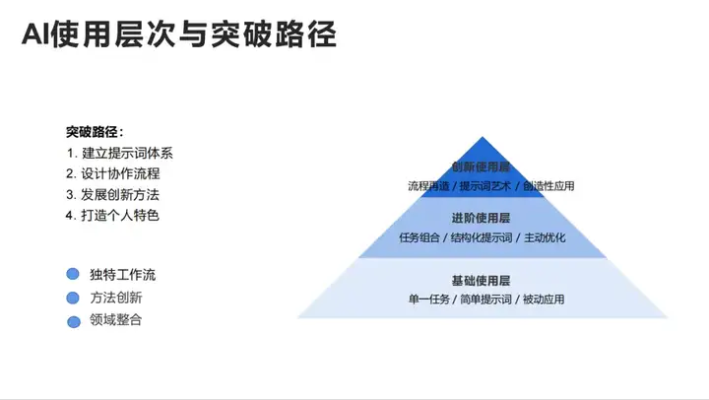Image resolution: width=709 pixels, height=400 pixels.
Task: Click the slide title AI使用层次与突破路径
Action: pyautogui.click(x=179, y=35)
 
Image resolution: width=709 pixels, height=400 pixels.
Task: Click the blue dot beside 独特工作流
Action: pyautogui.click(x=72, y=275)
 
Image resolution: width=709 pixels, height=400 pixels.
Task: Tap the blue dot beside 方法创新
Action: pyautogui.click(x=72, y=298)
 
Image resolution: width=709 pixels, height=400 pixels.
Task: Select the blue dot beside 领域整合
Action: pyautogui.click(x=72, y=320)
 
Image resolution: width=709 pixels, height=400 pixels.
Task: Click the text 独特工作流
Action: pyautogui.click(x=123, y=275)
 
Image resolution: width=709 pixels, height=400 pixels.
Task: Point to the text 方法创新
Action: pyautogui.click(x=116, y=298)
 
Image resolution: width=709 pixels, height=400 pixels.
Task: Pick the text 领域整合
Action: pyautogui.click(x=116, y=320)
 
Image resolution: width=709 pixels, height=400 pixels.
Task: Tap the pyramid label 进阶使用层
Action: pyautogui.click(x=481, y=219)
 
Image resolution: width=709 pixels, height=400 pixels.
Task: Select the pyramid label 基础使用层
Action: pyautogui.click(x=481, y=281)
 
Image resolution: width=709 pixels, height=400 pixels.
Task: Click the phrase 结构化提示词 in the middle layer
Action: pyautogui.click(x=482, y=237)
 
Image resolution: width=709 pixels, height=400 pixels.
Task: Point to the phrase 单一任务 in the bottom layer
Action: pyautogui.click(x=428, y=300)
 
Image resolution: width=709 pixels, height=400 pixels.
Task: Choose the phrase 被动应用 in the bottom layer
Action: pyautogui.click(x=544, y=300)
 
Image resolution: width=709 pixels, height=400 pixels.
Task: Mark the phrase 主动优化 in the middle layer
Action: pyautogui.click(x=545, y=237)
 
